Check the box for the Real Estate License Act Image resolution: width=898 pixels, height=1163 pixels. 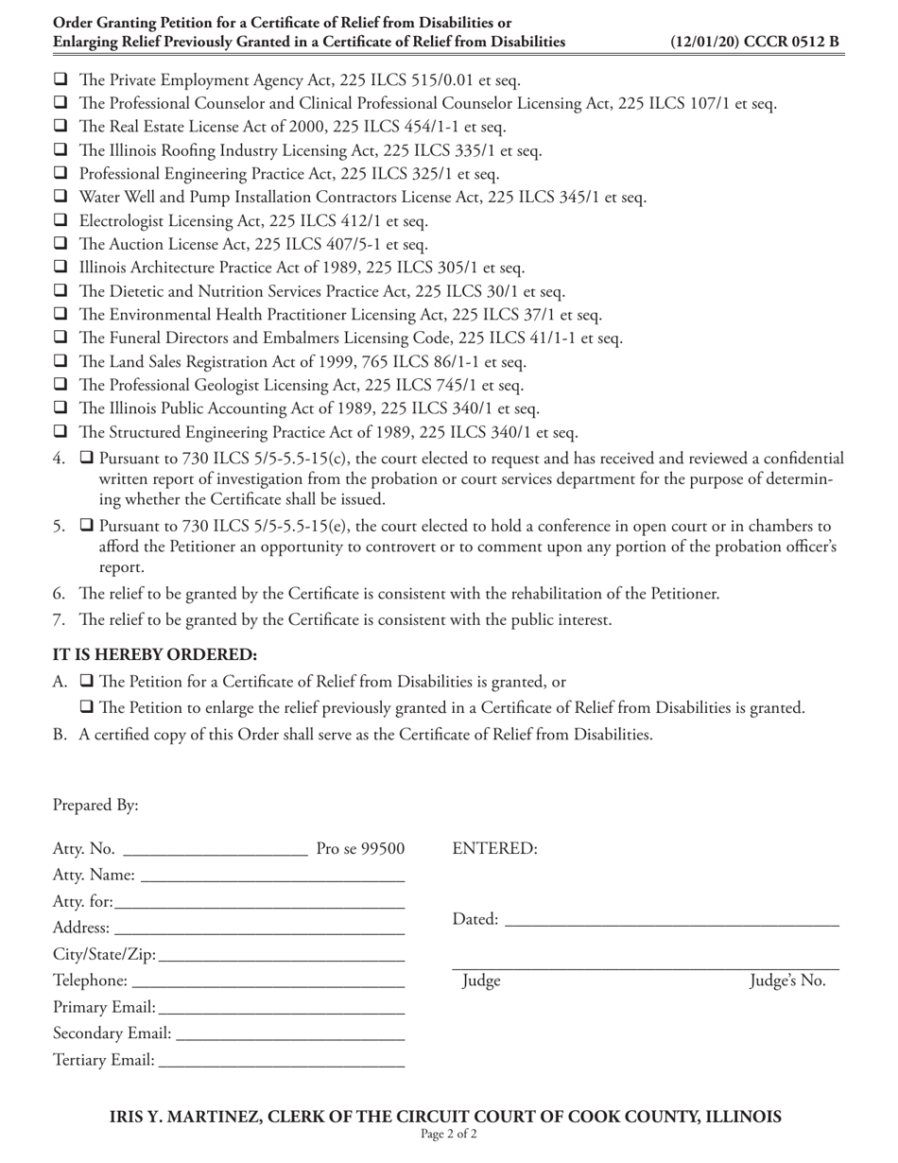coord(61,127)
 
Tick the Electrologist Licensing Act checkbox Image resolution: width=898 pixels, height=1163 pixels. coord(61,221)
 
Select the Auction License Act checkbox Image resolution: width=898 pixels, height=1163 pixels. coord(61,245)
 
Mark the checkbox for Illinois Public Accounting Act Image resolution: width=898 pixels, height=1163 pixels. coord(61,409)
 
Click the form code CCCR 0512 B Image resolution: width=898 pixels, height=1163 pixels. coord(754,42)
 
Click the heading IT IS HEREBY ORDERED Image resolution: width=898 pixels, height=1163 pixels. coord(155,654)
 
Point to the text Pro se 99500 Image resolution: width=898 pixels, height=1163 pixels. coord(360,849)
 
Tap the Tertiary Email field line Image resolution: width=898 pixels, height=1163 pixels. coord(282,1063)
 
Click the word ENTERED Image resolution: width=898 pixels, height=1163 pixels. coord(495,849)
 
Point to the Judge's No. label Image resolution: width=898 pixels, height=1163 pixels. coord(787,981)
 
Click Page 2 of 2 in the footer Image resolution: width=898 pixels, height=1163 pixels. coord(449,1134)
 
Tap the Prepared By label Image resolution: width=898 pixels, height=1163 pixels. coord(95,806)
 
